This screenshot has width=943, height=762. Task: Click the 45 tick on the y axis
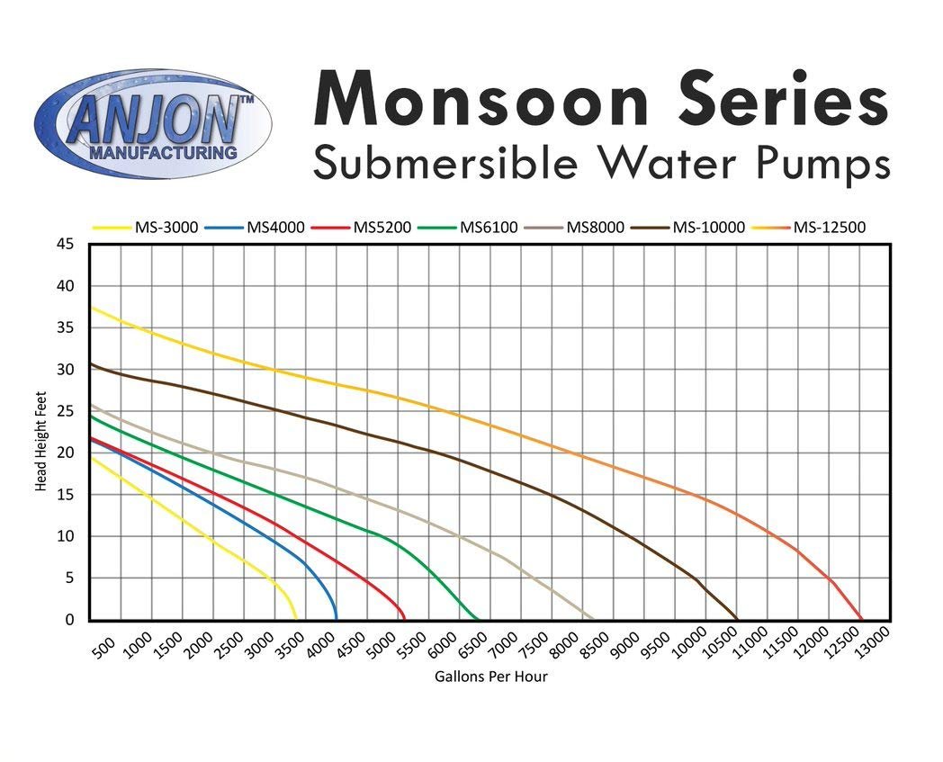[66, 244]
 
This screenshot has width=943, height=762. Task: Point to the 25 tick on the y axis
[66, 411]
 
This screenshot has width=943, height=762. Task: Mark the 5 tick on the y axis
[70, 578]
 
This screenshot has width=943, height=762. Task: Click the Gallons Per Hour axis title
[490, 677]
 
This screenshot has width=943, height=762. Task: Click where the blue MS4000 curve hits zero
[336, 618]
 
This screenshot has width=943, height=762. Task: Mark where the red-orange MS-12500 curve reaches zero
[861, 618]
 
